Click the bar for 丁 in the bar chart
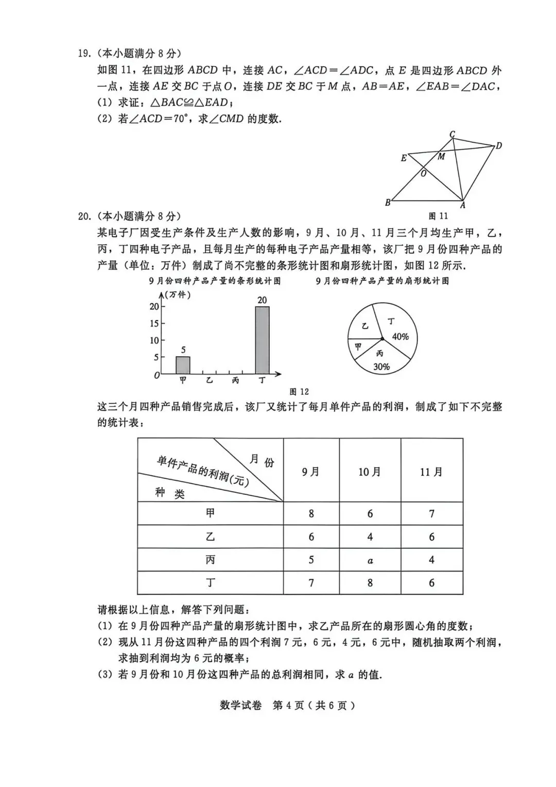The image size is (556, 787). [262, 340]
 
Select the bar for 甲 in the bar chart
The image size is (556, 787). [183, 365]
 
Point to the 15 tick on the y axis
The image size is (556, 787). [154, 323]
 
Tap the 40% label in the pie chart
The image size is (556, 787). [400, 337]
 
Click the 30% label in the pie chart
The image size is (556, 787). [381, 367]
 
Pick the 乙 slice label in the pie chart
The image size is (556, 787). [365, 326]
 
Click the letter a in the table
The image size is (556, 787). [370, 560]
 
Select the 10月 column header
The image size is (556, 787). [370, 472]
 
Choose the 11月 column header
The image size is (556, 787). [431, 472]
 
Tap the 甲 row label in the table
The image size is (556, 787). [210, 513]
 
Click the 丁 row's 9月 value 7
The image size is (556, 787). [311, 583]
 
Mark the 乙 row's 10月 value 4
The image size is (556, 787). [370, 537]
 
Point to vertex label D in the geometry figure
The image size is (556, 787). [498, 146]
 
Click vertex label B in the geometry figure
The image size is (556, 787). [388, 203]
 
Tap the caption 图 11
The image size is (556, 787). [438, 216]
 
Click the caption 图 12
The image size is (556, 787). [299, 392]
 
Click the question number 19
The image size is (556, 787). [84, 54]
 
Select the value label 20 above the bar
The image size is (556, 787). [262, 300]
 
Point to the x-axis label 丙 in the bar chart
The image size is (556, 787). [235, 381]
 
